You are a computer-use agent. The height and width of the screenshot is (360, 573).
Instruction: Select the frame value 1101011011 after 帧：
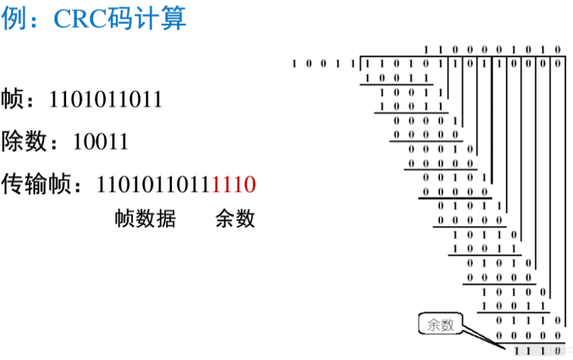tap(106, 99)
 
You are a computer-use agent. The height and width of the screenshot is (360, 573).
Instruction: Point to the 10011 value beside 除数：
tap(101, 142)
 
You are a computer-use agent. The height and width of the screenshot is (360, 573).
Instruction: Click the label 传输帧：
tap(46, 184)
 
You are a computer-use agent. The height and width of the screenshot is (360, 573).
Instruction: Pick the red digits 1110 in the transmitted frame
tap(234, 184)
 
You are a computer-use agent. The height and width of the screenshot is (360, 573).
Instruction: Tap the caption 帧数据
tap(145, 218)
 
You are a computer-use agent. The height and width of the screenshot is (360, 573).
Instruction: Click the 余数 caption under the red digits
tap(235, 218)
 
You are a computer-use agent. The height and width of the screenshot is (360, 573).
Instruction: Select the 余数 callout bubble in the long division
tap(440, 325)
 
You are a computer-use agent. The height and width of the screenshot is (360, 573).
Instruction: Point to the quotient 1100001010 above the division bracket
tap(491, 49)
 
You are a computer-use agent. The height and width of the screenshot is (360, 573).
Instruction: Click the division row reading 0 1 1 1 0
tap(529, 320)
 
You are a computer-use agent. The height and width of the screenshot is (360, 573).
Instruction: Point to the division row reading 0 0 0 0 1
tap(425, 121)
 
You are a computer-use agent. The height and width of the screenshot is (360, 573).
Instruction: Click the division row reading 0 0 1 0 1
tap(455, 178)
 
